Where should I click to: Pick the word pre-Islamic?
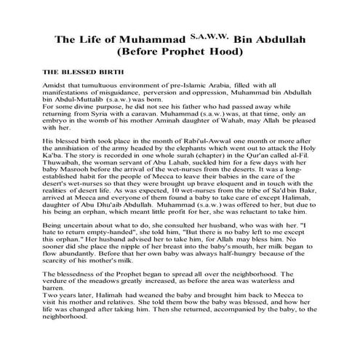point(193,87)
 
